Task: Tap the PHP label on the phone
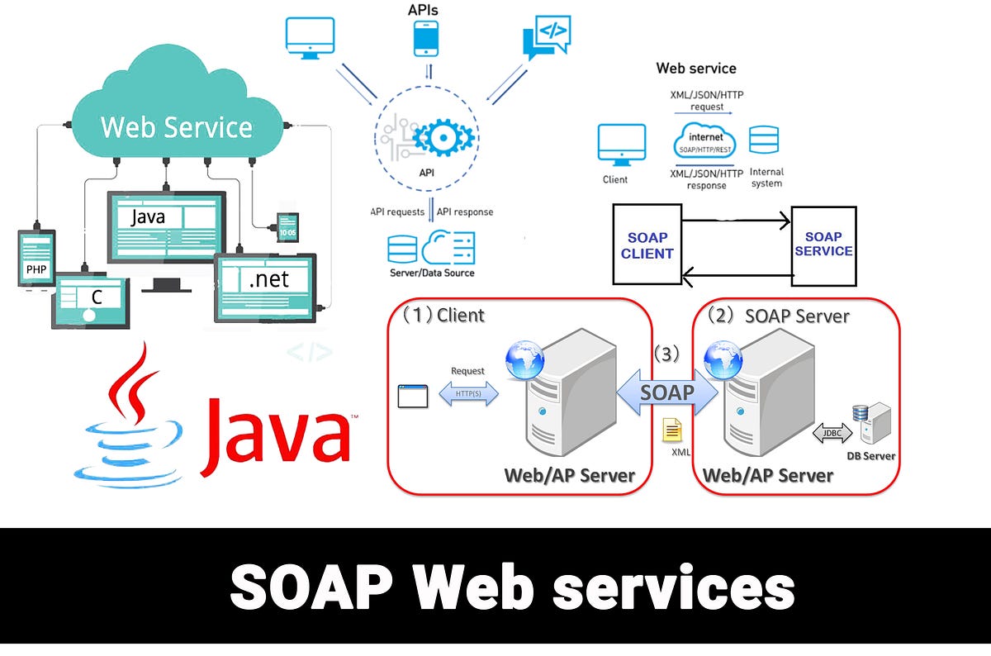pos(36,270)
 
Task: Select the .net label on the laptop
pos(269,280)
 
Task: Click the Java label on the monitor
pos(148,216)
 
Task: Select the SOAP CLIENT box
pos(647,245)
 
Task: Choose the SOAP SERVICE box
pos(823,244)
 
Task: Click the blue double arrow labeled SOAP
pos(667,392)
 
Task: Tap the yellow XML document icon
pos(672,430)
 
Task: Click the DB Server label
pos(870,456)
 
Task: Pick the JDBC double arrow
pos(832,431)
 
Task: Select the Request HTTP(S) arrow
pos(468,395)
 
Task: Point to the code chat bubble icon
pos(546,35)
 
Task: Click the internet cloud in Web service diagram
pos(705,141)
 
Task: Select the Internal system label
pos(766,178)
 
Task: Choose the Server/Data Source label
pos(432,273)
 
